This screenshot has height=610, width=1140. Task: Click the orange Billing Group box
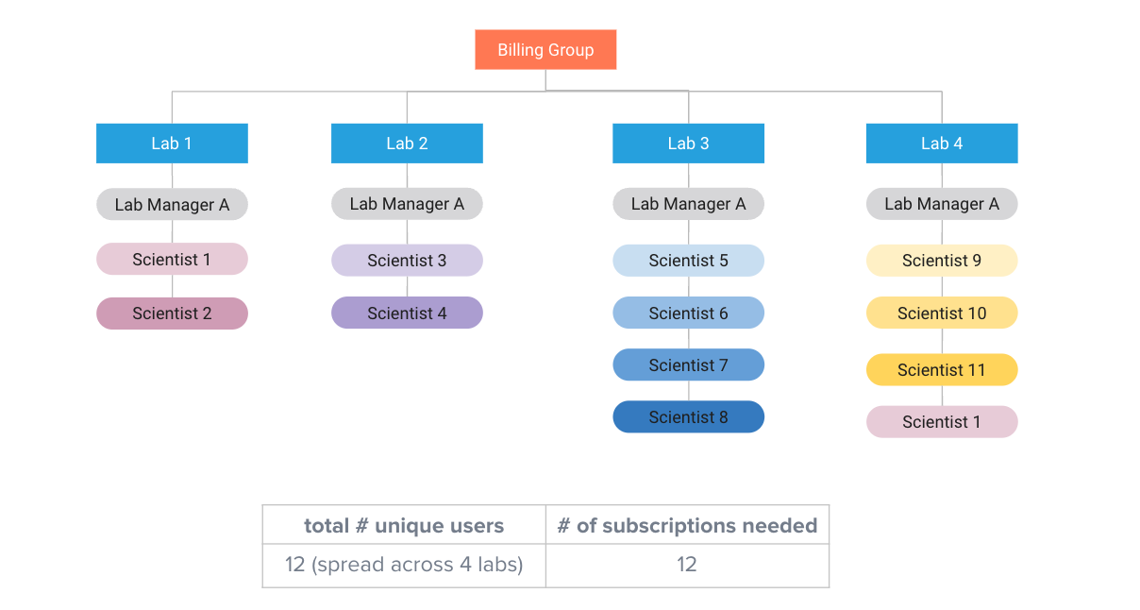[x=545, y=49]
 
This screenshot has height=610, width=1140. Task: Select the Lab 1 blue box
[x=172, y=144]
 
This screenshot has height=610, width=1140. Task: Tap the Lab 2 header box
[x=407, y=144]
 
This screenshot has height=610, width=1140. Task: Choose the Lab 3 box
[x=689, y=144]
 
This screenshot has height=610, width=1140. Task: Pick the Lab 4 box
[x=942, y=144]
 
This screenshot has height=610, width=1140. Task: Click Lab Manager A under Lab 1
[x=172, y=204]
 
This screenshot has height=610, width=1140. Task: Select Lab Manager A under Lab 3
[x=689, y=204]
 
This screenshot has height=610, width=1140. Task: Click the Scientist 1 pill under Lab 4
[x=942, y=421]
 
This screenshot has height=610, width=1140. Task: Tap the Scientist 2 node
[x=172, y=313]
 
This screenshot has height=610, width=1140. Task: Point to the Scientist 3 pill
[x=407, y=261]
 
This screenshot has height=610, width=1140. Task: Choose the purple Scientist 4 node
[x=407, y=313]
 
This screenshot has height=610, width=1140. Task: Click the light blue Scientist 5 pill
[x=689, y=261]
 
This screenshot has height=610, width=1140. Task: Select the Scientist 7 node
[x=689, y=364]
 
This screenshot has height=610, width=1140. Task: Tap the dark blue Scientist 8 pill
[x=689, y=417]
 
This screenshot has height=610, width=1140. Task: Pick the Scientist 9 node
[x=942, y=261]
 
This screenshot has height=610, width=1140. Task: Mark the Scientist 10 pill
[x=942, y=313]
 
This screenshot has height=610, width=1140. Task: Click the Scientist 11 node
[x=942, y=369]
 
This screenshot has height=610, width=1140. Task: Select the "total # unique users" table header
[x=404, y=525]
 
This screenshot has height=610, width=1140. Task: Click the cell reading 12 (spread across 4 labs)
[x=404, y=565]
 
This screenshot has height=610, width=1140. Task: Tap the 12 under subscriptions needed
[x=686, y=564]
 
